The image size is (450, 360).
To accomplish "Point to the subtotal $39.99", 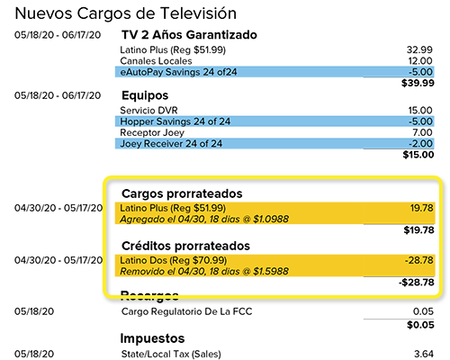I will coord(418,83).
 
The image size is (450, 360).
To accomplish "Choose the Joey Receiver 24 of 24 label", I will coord(171,144).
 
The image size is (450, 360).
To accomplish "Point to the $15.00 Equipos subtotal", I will coord(418,155).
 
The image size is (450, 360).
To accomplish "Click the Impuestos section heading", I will coord(157,338).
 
